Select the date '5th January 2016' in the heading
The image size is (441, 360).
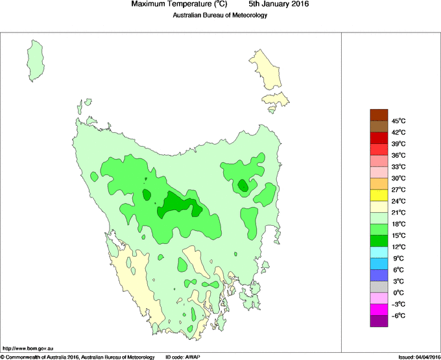[279, 5]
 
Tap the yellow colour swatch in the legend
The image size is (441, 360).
[379, 195]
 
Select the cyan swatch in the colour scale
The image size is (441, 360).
[379, 252]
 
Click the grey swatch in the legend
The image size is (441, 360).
[379, 287]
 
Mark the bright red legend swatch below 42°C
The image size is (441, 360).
[379, 138]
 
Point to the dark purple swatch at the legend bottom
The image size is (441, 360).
[379, 320]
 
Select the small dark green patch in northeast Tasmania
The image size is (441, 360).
[243, 186]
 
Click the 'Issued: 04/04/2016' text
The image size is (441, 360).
[419, 356]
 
